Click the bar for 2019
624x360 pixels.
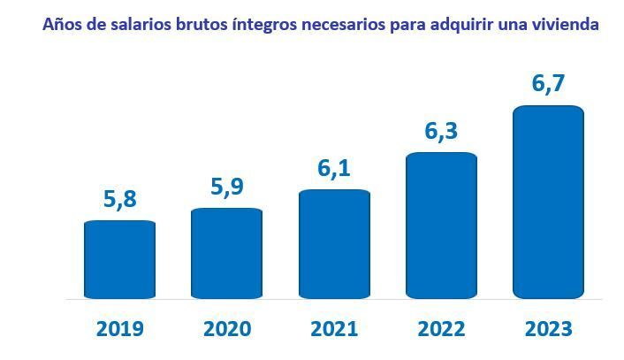coord(119,259)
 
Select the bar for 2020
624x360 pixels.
coord(226,253)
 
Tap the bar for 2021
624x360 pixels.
coord(334,243)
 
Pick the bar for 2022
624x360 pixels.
coord(441,225)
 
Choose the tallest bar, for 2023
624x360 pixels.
coord(548,202)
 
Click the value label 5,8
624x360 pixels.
coord(119,200)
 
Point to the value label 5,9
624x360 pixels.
coord(226,187)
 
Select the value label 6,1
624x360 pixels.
coord(334,168)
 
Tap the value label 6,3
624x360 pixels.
coord(441,131)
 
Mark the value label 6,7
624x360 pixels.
coord(548,85)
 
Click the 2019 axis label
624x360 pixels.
coord(119,329)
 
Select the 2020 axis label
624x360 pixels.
coord(226,329)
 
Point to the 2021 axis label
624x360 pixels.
coord(334,329)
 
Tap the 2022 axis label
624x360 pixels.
coord(441,329)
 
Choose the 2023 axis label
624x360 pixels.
coord(548,329)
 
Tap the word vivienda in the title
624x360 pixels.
coord(567,25)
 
